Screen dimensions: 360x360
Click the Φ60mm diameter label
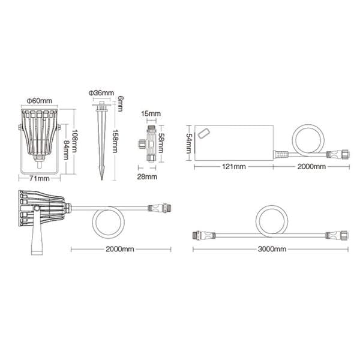pyautogui.click(x=39, y=100)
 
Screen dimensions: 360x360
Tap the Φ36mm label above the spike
pyautogui.click(x=101, y=92)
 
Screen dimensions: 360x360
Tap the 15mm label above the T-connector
pyautogui.click(x=151, y=113)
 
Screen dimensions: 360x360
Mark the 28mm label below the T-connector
pyautogui.click(x=148, y=177)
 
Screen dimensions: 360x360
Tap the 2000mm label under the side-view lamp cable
pyautogui.click(x=119, y=249)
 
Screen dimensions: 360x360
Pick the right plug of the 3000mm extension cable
pyautogui.click(x=334, y=235)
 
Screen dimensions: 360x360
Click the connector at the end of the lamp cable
pyautogui.click(x=160, y=209)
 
